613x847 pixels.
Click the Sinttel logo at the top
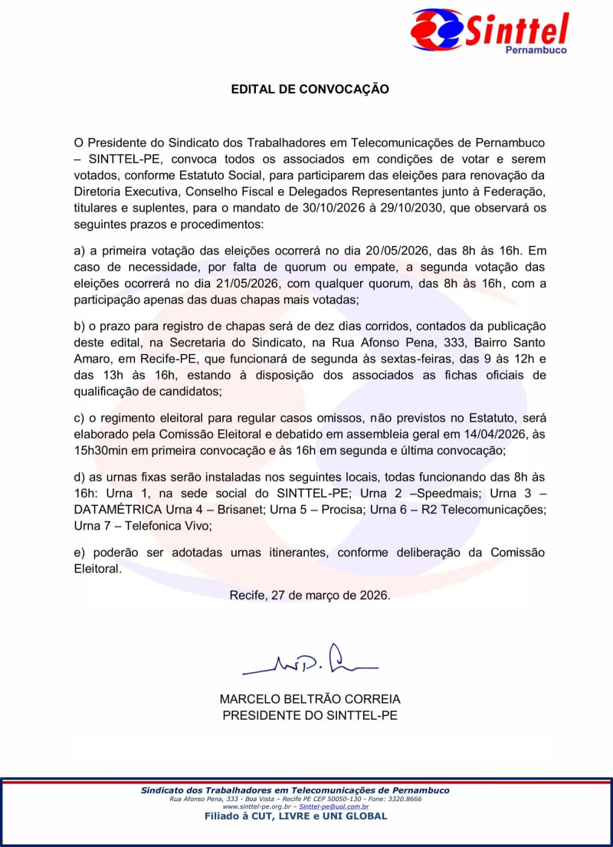490,31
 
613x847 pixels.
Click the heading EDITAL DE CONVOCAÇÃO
310,89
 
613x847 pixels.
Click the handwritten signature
310,661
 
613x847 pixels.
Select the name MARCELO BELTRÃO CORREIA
310,699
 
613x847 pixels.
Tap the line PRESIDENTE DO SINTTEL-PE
310,715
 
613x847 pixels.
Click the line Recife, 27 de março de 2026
310,595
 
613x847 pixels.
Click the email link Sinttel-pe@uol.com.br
333,806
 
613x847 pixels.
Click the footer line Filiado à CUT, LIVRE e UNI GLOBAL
295,816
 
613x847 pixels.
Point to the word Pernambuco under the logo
536,51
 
